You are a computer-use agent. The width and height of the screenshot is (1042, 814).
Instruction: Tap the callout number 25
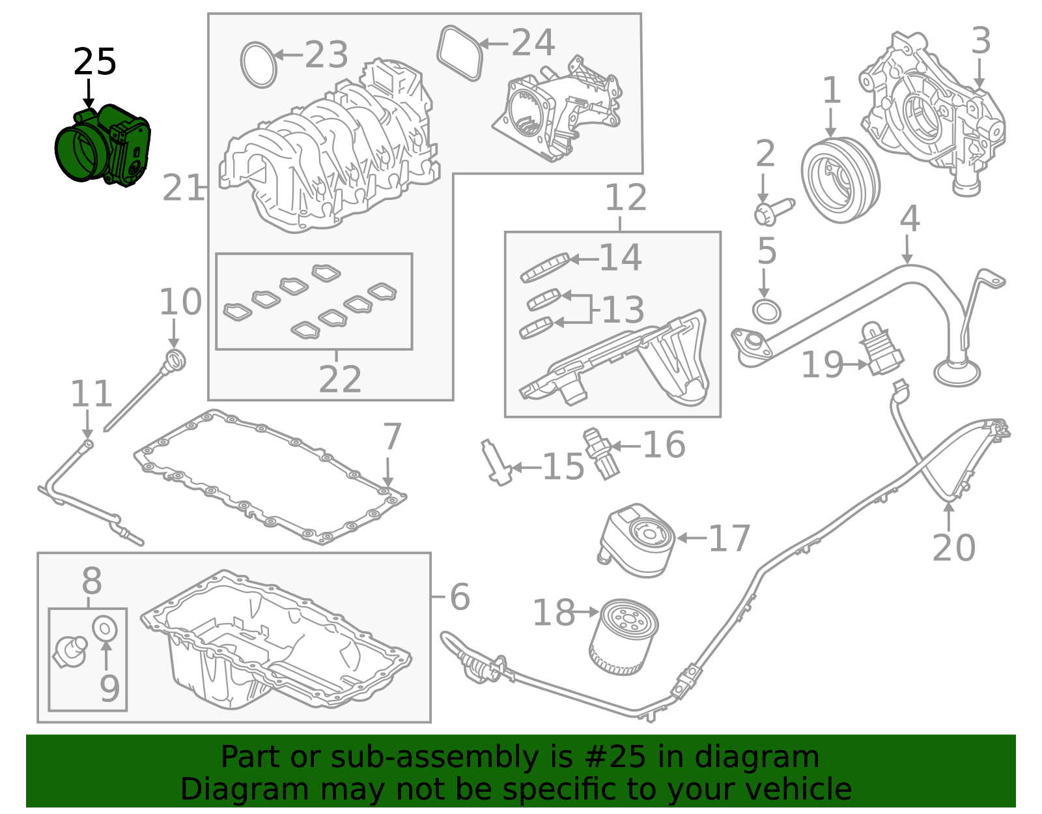(x=94, y=63)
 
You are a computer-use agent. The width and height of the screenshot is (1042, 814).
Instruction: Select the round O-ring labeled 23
(x=259, y=65)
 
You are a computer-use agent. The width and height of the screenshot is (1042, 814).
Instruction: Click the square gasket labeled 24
(x=460, y=53)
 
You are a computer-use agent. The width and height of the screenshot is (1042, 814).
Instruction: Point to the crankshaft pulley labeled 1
(x=839, y=180)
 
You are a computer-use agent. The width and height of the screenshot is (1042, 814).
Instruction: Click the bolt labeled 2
(x=773, y=211)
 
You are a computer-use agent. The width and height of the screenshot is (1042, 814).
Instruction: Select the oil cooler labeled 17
(x=636, y=540)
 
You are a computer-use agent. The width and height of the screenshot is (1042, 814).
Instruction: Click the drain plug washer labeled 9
(x=104, y=628)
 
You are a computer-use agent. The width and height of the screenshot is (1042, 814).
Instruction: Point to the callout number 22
(x=339, y=379)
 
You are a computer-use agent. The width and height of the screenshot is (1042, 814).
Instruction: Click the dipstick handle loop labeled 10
(x=175, y=360)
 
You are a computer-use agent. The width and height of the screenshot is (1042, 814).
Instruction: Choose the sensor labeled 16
(x=600, y=454)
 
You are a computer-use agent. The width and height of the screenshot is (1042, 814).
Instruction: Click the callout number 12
(x=625, y=197)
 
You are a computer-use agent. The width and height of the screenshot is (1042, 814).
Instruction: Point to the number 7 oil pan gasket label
(x=391, y=437)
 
